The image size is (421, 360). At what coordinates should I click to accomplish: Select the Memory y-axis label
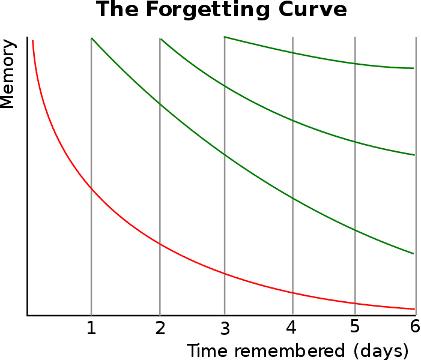click(7, 74)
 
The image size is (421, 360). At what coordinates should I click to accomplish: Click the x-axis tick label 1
click(91, 328)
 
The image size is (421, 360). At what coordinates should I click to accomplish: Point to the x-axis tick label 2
click(160, 328)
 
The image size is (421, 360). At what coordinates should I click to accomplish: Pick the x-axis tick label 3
click(225, 328)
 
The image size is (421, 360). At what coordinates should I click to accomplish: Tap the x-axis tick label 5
click(355, 328)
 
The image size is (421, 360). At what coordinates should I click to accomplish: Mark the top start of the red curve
click(33, 41)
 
